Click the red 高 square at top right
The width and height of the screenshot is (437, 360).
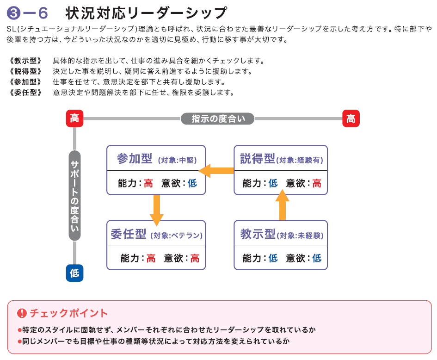tap(351, 118)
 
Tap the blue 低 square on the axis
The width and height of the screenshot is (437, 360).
tap(74, 273)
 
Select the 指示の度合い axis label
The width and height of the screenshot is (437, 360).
tap(217, 119)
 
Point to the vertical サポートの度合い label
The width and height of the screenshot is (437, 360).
tap(74, 195)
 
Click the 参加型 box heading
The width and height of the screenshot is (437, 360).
tap(135, 159)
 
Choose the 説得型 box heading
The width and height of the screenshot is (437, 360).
tap(258, 159)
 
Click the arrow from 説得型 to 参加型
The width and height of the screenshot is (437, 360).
tap(219, 171)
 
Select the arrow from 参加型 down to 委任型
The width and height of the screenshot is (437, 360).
tap(157, 210)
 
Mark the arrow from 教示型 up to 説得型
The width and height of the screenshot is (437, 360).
tap(282, 205)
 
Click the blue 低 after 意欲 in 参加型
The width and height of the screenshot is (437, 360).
tap(192, 183)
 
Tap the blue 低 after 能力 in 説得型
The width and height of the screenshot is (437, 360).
tap(273, 183)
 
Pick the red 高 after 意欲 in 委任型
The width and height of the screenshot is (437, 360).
tap(195, 258)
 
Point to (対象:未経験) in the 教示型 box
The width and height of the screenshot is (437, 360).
tap(300, 235)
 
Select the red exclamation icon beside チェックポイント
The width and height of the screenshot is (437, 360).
tap(22, 313)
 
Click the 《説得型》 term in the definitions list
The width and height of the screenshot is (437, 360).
tap(25, 71)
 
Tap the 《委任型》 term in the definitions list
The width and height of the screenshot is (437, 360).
tap(25, 93)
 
